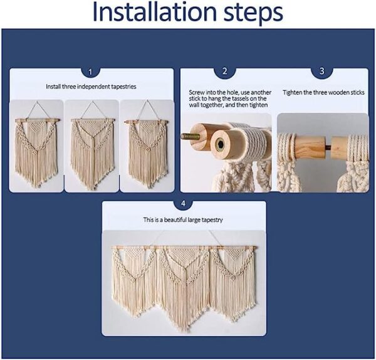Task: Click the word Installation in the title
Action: pyautogui.click(x=154, y=12)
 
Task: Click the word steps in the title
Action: pyautogui.click(x=253, y=14)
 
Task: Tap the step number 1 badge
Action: pyautogui.click(x=90, y=72)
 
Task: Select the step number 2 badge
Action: pyautogui.click(x=225, y=71)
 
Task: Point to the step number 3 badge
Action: pyautogui.click(x=322, y=71)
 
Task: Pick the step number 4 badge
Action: pyautogui.click(x=183, y=204)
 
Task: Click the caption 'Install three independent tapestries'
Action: pyautogui.click(x=91, y=87)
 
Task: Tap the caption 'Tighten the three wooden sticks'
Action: pyautogui.click(x=323, y=93)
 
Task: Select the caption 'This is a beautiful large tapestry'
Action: pyautogui.click(x=183, y=220)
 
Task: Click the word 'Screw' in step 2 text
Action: pyautogui.click(x=197, y=92)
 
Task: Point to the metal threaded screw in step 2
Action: pyautogui.click(x=190, y=137)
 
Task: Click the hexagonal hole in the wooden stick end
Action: pyautogui.click(x=220, y=144)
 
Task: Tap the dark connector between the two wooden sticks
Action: pyautogui.click(x=328, y=147)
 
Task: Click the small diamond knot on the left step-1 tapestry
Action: pyautogui.click(x=35, y=152)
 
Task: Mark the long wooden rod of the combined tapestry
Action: pyautogui.click(x=184, y=248)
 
